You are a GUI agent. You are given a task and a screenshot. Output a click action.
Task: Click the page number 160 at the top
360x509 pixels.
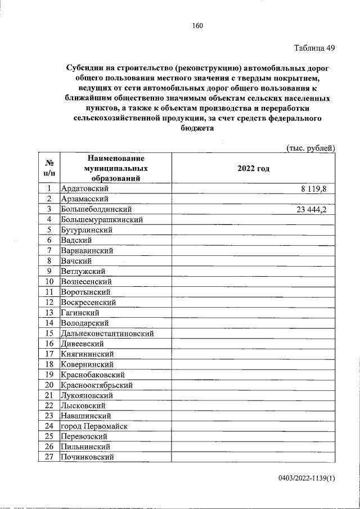[x=197, y=25]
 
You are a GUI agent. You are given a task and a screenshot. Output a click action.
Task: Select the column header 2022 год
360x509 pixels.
[x=254, y=168]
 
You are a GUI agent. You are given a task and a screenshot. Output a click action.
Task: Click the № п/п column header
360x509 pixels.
[x=49, y=168]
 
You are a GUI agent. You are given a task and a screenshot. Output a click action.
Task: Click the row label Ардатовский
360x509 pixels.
[x=84, y=189]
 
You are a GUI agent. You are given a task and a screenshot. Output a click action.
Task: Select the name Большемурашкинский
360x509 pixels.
[x=101, y=220]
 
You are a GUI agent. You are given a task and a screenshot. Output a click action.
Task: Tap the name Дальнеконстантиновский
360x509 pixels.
[x=107, y=334]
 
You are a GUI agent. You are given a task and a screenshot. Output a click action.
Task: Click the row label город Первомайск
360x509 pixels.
[x=94, y=426]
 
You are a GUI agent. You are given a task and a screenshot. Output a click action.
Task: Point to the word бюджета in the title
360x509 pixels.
[x=197, y=129]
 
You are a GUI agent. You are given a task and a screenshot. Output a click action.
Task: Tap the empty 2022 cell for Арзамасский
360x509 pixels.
[x=254, y=199]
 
